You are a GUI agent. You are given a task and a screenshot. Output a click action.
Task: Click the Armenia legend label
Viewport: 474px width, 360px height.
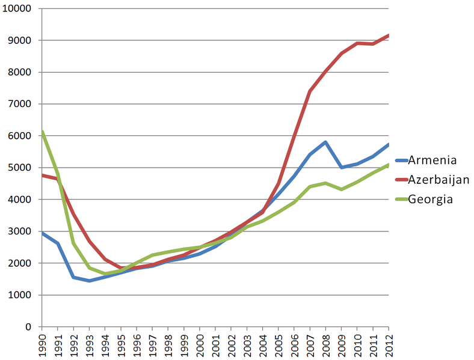[432, 160]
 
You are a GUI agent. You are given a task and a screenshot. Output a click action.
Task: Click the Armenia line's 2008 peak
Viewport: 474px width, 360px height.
[325, 142]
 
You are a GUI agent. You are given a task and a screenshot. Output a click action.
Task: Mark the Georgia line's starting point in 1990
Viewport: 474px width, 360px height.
[42, 132]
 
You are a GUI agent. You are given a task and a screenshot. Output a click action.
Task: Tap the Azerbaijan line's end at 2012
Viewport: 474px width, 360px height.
[389, 35]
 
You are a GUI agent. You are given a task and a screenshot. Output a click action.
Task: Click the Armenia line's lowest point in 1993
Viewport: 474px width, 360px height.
[89, 281]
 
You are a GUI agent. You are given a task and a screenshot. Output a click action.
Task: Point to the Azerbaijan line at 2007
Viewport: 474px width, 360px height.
[310, 91]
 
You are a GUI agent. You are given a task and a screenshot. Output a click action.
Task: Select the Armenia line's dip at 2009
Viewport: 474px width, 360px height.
[341, 167]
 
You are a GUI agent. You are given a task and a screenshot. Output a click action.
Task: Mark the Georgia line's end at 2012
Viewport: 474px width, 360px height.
[389, 165]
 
